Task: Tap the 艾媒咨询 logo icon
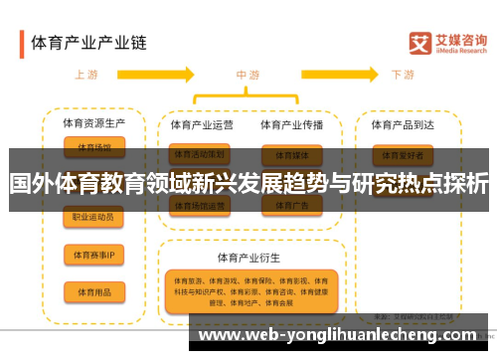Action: click(419, 43)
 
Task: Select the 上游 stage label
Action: click(87, 75)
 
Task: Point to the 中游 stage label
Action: click(248, 75)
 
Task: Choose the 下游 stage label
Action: click(403, 75)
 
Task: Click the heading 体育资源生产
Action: click(93, 124)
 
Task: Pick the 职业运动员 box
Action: click(93, 217)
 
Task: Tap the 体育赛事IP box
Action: click(93, 255)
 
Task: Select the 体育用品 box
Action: click(93, 291)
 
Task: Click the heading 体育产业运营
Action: click(202, 125)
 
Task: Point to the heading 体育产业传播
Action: click(292, 125)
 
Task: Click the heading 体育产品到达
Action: click(404, 125)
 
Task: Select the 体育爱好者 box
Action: click(404, 155)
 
